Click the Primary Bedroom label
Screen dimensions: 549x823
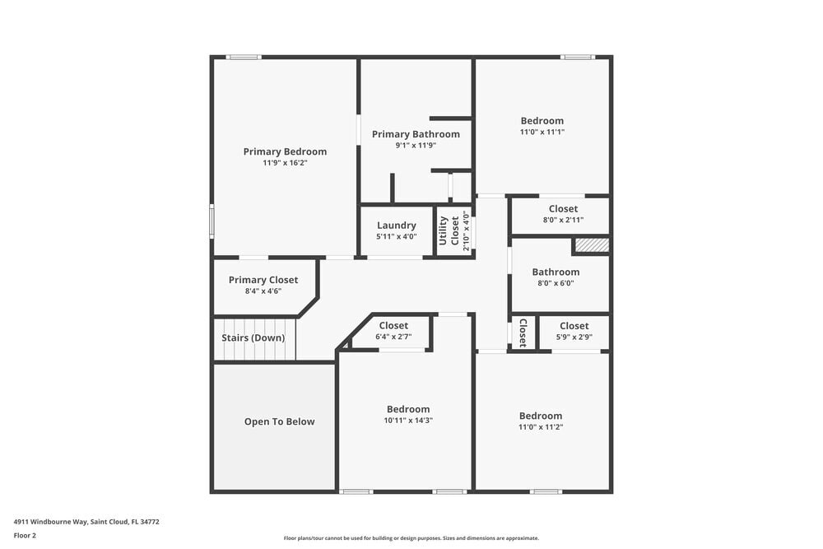(285, 151)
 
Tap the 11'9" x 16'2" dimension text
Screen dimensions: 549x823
(285, 163)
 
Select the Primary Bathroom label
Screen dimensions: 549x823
(416, 134)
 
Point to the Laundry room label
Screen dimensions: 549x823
(397, 226)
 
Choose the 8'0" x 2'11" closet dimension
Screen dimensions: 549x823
(563, 220)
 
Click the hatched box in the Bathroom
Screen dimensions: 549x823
(591, 245)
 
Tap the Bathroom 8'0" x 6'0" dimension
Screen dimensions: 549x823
(556, 283)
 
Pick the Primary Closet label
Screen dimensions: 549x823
(263, 280)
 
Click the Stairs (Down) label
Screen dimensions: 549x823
(253, 338)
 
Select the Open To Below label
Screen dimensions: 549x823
(279, 422)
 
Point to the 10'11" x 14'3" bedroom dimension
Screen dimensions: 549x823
(408, 421)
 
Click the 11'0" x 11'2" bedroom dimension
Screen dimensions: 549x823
(541, 427)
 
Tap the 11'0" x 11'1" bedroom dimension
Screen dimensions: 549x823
(542, 132)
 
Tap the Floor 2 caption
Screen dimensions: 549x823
(25, 535)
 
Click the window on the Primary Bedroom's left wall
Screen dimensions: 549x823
(212, 221)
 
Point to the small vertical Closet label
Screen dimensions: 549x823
(522, 333)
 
